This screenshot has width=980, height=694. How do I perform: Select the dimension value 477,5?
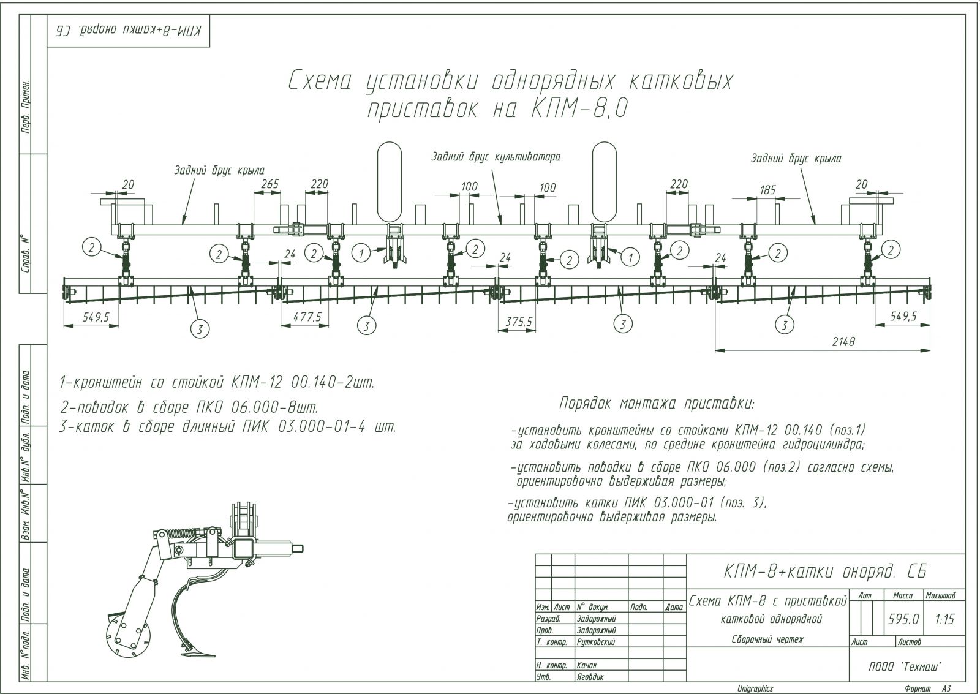pos(304,317)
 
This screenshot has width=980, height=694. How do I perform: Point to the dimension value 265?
pos(269,183)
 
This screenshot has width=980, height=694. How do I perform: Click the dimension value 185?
pos(767,190)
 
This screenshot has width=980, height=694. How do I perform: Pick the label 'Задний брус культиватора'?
pos(496,157)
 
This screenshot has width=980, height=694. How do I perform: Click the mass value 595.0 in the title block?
pos(903,619)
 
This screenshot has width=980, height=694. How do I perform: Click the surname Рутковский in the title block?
pos(595,642)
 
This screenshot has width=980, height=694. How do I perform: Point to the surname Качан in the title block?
pos(586,665)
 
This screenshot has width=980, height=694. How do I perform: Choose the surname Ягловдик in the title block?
pos(590,677)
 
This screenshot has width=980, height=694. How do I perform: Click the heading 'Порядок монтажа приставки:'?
pos(657,404)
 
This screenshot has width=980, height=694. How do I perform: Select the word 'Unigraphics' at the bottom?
pos(755,688)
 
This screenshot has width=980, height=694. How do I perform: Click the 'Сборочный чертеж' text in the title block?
pos(767,639)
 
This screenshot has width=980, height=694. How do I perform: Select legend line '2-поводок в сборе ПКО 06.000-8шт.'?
pos(189,407)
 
